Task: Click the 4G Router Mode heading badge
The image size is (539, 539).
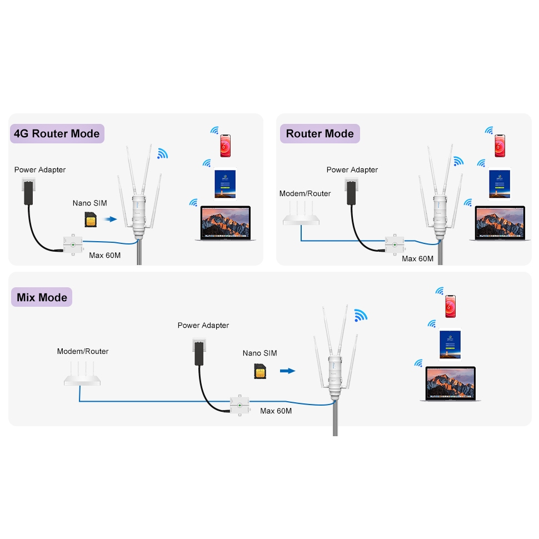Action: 57,134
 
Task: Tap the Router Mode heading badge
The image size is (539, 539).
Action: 320,134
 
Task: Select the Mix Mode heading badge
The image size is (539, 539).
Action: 42,297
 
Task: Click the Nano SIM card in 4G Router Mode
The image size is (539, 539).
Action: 89,219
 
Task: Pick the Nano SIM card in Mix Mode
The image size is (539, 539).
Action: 259,371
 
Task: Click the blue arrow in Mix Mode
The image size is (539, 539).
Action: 287,371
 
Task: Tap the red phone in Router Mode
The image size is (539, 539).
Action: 500,146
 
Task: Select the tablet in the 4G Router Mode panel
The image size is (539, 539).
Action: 226,183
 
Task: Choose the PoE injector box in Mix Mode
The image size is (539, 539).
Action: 239,406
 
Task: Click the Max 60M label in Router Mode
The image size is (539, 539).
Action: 417,259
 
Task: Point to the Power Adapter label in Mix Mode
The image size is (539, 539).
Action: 203,326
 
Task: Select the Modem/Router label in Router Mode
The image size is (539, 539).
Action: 305,193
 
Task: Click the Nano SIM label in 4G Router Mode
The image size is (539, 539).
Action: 89,203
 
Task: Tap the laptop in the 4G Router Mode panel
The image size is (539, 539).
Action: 223,224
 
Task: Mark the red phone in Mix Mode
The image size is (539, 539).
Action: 450,306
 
